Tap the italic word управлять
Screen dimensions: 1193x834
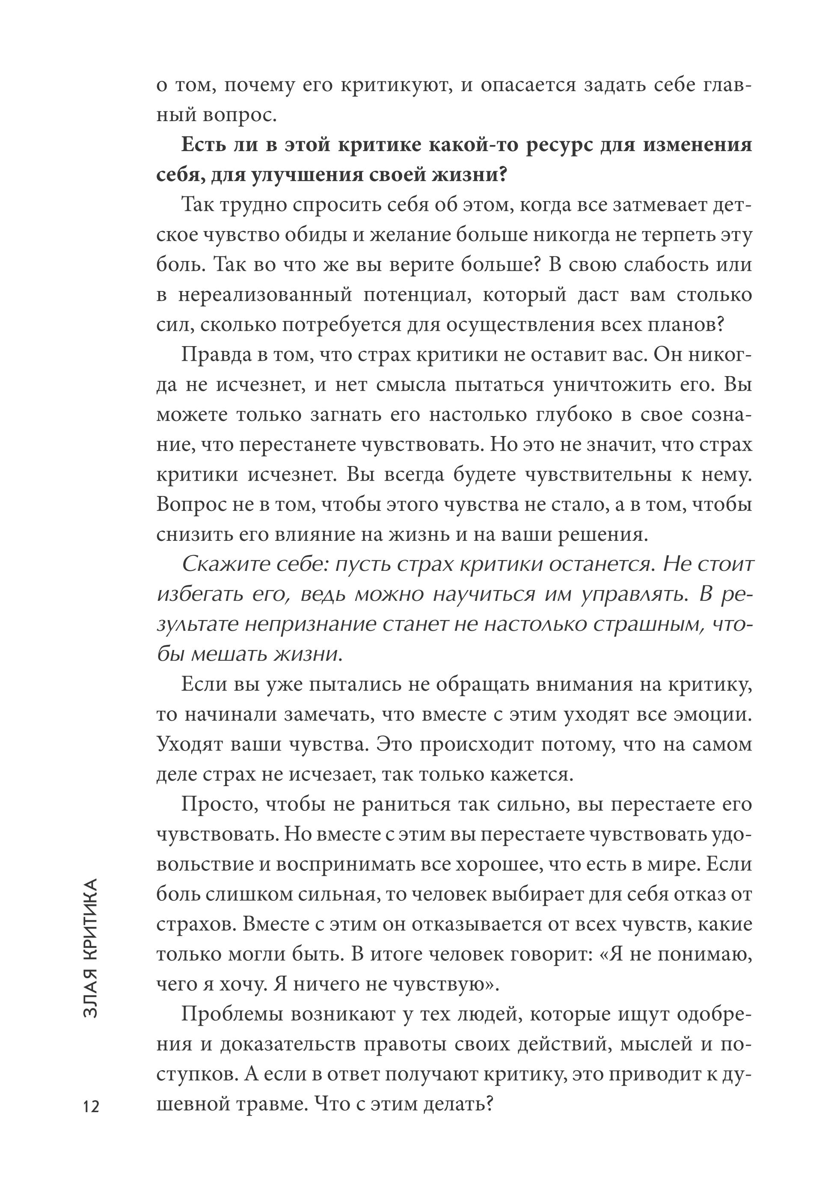pos(632,594)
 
